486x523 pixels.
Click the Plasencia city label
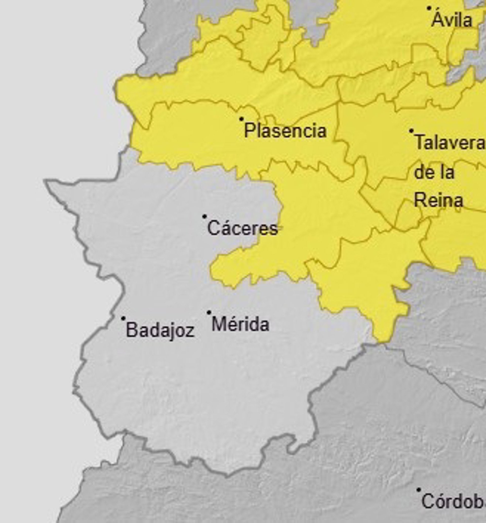285,131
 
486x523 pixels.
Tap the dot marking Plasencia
241,119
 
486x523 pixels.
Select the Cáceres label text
242,228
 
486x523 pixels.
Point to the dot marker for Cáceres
204,216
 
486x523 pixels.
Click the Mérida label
240,324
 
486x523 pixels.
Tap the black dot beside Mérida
209,312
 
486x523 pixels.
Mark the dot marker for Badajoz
123,318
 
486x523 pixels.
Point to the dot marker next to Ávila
429,8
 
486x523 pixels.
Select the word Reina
439,200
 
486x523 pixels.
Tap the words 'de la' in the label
434,172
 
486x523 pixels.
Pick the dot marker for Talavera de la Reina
411,131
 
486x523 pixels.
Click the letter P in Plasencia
249,130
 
